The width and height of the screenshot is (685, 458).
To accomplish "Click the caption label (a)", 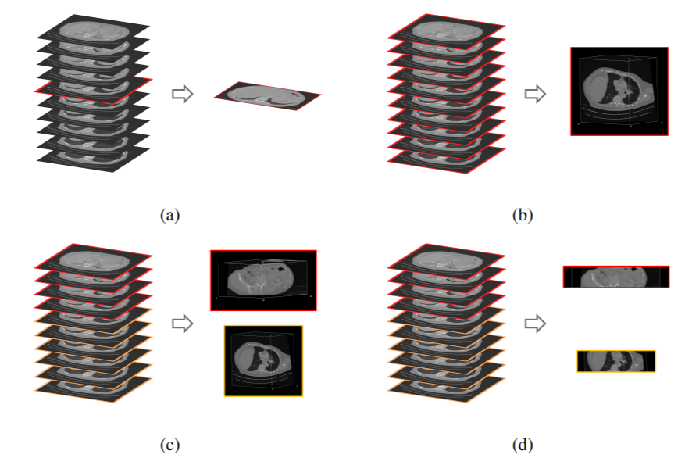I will pos(169,213).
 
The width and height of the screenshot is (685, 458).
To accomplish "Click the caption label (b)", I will pos(521,213).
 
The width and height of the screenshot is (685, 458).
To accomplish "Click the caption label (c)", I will pos(169,445).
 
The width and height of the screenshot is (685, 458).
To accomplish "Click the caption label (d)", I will pos(521,445).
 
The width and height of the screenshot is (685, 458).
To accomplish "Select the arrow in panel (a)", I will pos(181,94).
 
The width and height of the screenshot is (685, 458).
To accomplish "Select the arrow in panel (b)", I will pos(534,94).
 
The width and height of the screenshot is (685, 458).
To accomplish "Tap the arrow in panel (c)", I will pos(181,322).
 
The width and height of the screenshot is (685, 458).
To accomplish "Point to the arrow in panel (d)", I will pos(534,322).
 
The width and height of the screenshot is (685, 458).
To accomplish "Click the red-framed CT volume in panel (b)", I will pos(619,91).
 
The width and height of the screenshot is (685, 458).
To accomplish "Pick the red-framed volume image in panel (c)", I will pos(263,280).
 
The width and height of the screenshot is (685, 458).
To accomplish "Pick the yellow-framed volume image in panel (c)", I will pos(263,361).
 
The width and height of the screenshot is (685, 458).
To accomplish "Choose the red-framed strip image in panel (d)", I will pos(615,277).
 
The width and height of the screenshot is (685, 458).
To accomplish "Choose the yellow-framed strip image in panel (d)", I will pos(615,361).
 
